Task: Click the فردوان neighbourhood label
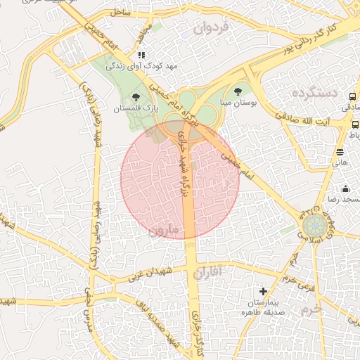coord(211,29)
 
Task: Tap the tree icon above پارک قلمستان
coord(136,97)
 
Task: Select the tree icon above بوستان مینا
coord(237,91)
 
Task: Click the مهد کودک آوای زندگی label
coord(141,66)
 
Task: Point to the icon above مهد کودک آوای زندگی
coord(141,54)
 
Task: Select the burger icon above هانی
coord(340,151)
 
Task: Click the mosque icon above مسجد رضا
coord(345,188)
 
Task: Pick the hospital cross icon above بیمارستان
coord(263,290)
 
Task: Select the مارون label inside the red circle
coord(165,230)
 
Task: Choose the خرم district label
coord(309,309)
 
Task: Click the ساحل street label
coord(120,13)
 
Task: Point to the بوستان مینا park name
coord(239,103)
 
